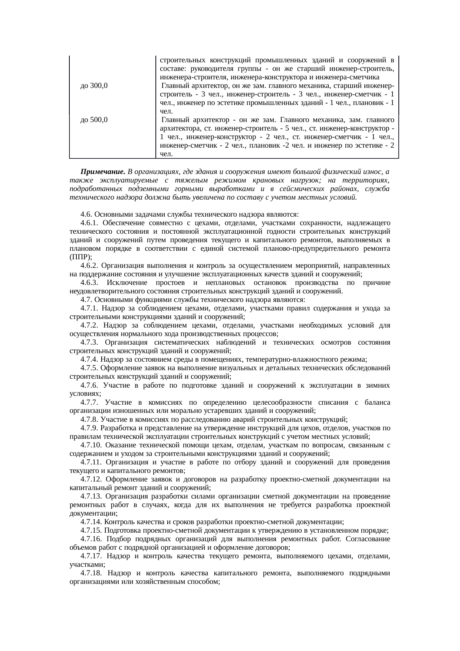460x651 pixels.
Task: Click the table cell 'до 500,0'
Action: (x=94, y=120)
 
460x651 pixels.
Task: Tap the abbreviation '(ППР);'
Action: (x=79, y=257)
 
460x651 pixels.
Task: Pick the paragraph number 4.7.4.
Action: (x=89, y=359)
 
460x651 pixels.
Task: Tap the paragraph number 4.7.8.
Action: (x=89, y=420)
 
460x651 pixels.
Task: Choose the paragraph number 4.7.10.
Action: (x=91, y=445)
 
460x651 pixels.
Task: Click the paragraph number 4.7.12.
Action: (x=91, y=479)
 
